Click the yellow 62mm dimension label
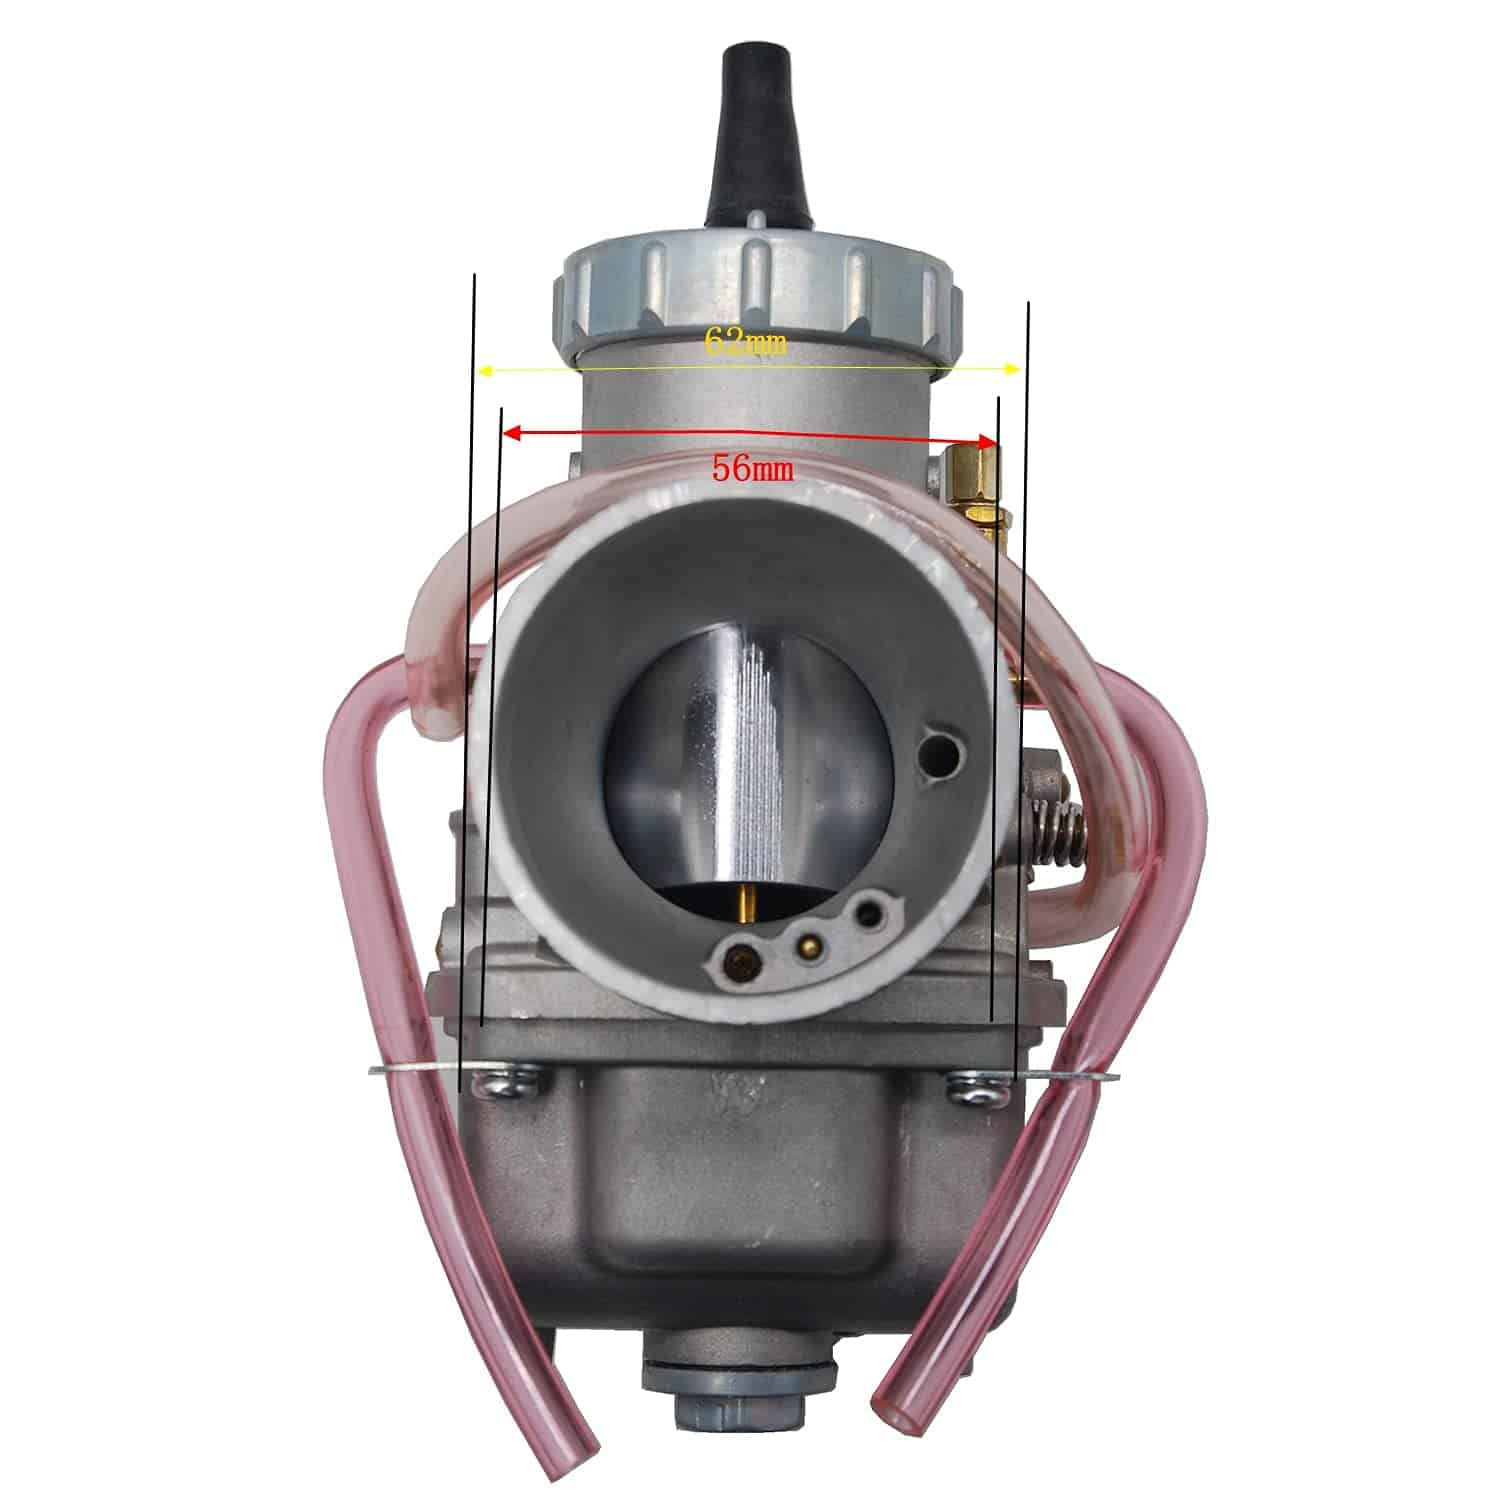click(745, 343)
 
